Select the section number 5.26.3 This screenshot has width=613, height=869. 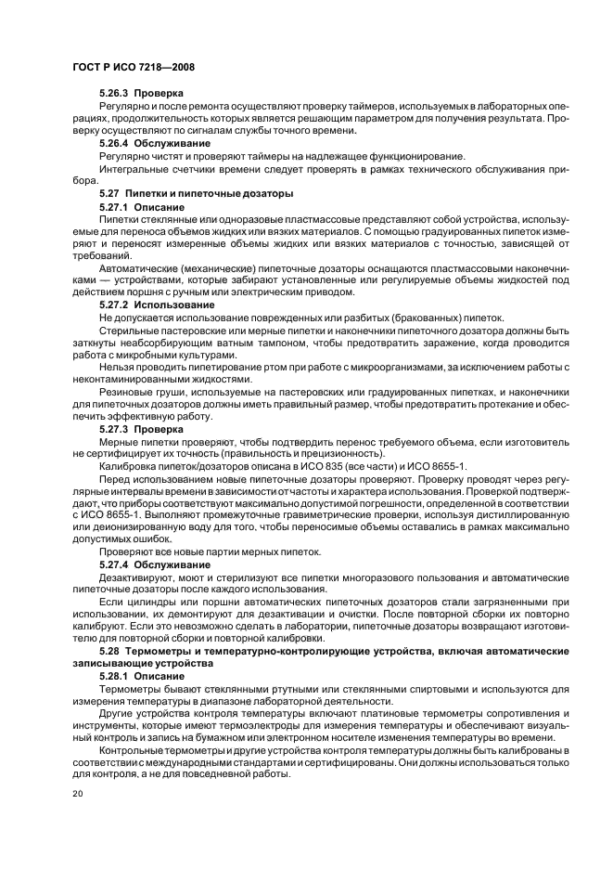pyautogui.click(x=114, y=94)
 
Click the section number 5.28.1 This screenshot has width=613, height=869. pyautogui.click(x=114, y=676)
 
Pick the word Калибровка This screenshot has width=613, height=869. pyautogui.click(x=130, y=463)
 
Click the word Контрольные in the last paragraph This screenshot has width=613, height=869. pyautogui.click(x=137, y=749)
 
